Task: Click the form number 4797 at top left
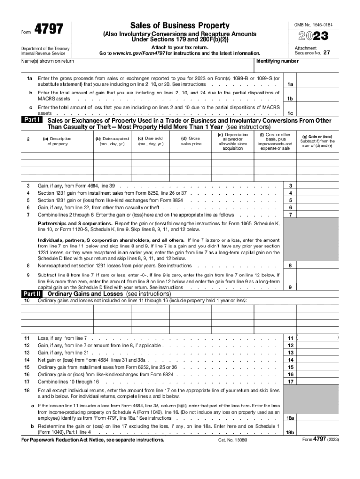49,29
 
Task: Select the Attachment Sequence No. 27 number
327,53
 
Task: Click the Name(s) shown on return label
48,61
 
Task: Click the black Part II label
33,293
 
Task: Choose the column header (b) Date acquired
112,141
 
